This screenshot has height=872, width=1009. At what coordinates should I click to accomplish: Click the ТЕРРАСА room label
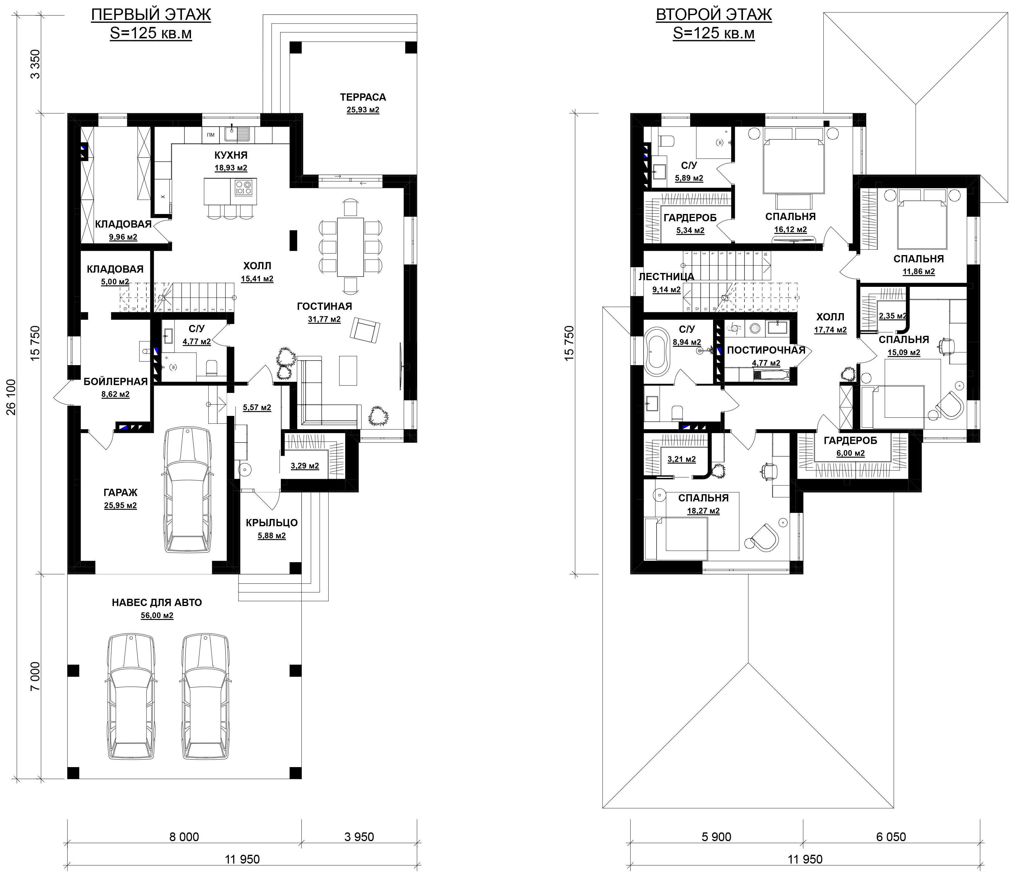pos(363,97)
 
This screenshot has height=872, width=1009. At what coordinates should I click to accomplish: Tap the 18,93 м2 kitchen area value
pos(231,168)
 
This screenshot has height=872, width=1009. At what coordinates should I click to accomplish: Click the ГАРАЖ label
pos(120,492)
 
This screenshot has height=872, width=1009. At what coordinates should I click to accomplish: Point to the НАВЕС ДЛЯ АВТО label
pos(157,602)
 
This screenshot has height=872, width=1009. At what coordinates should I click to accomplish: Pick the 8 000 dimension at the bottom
pos(184,837)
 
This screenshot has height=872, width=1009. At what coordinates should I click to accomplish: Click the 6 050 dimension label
pos(891,837)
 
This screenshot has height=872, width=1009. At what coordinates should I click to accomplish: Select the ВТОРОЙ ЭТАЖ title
pos(714,15)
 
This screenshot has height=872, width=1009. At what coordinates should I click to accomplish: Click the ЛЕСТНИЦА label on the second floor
pos(666,277)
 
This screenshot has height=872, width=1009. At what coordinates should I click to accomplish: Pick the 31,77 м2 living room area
pos(324,319)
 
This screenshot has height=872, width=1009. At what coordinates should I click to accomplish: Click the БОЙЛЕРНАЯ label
pos(115,381)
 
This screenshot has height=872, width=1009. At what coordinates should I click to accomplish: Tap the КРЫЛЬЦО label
pos(272,523)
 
